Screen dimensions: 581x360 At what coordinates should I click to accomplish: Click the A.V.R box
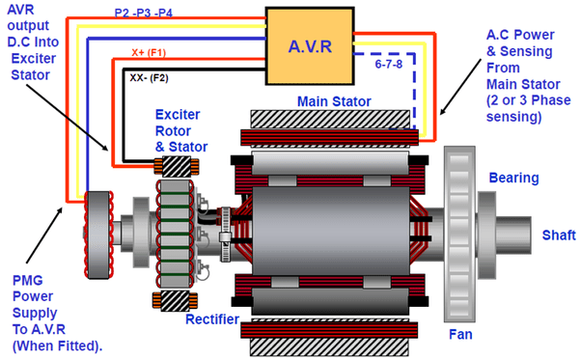pos(310,46)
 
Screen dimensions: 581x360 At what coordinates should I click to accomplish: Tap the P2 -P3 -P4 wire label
pos(144,13)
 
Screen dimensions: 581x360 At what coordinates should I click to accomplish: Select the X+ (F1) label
pos(149,52)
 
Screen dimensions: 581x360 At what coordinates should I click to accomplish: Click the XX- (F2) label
pos(149,78)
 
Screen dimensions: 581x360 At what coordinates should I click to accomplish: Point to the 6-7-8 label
pos(389,64)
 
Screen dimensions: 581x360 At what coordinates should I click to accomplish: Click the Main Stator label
pos(334,101)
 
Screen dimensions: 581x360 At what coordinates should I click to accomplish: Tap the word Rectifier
pos(212,319)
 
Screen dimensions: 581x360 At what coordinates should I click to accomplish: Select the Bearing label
pos(514,178)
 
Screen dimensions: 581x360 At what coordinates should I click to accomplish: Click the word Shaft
pos(559,235)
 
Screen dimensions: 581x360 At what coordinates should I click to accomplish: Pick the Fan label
pos(460,335)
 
